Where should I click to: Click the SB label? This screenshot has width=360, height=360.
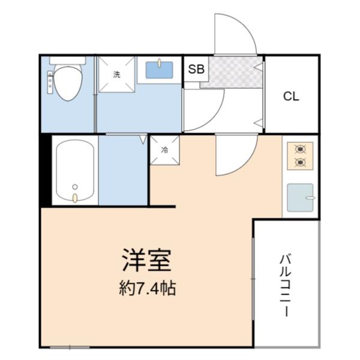click(196, 69)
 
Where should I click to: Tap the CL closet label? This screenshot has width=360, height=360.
click(291, 97)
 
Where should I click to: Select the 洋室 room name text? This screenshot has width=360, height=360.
click(147, 260)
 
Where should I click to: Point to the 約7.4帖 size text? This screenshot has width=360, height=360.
click(148, 288)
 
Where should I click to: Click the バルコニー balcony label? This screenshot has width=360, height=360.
click(286, 286)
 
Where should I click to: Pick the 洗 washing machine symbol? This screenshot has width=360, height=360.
click(116, 74)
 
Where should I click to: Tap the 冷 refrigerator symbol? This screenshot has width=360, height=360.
click(164, 150)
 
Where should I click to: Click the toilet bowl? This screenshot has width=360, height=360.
click(67, 83)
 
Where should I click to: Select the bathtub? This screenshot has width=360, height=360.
click(75, 170)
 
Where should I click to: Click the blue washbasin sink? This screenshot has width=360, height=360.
click(160, 70)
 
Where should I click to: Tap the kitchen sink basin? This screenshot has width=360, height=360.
click(301, 197)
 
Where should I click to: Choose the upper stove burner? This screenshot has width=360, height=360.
click(301, 149)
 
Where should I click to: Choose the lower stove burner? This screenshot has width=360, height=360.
click(301, 163)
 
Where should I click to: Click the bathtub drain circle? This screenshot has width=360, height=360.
click(75, 187)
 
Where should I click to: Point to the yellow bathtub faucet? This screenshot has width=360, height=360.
click(75, 198)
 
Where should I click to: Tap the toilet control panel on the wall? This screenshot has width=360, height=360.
click(50, 82)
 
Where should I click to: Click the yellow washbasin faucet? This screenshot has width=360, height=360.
click(160, 63)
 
